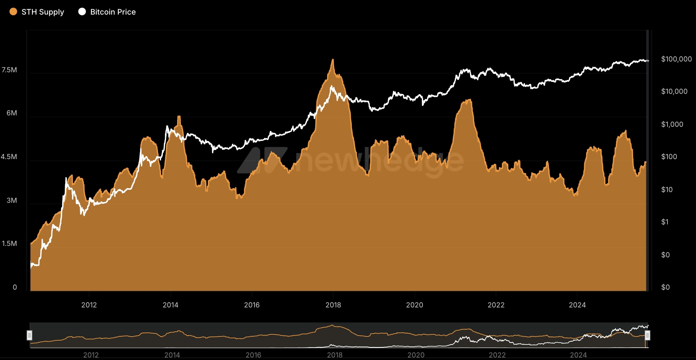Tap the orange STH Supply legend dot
click(13, 12)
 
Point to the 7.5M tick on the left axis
click(10, 70)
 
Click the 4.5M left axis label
click(9, 157)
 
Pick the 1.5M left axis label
click(10, 243)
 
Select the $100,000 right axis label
click(676, 59)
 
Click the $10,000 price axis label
click(674, 91)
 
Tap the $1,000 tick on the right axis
click(672, 124)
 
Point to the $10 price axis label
click(667, 190)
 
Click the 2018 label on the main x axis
click(333, 305)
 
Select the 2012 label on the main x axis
click(89, 305)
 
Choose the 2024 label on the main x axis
click(577, 305)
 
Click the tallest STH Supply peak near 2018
click(333, 60)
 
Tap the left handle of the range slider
click(29, 335)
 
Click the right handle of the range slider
click(648, 335)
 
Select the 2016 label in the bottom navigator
click(253, 355)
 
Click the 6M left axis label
click(12, 113)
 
